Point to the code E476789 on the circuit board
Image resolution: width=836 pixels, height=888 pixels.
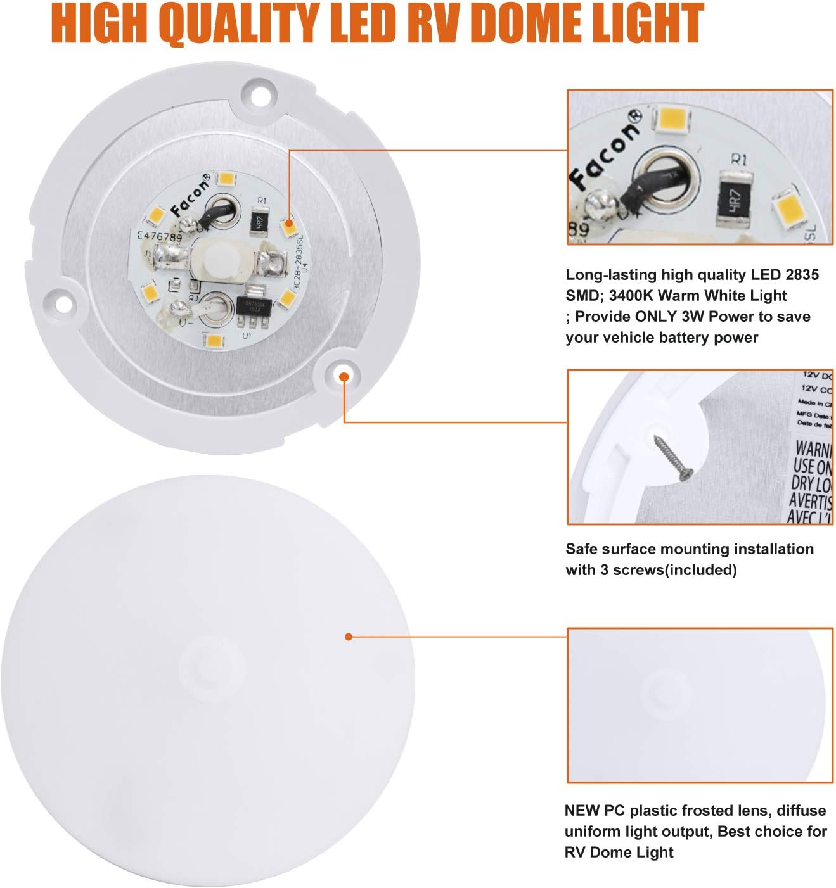point(160,237)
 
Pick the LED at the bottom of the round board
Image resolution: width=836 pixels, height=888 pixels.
point(214,341)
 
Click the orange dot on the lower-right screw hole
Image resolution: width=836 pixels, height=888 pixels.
point(344,377)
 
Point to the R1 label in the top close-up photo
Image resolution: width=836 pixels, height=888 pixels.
point(738,159)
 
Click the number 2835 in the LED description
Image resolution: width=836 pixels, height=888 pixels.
point(802,275)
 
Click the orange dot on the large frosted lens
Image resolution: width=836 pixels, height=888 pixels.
point(348,637)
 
